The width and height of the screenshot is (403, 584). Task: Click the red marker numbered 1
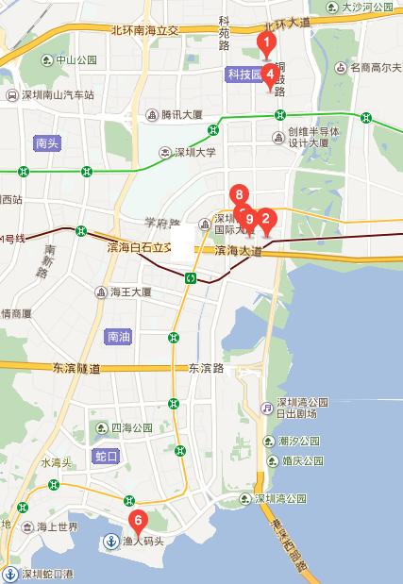pos(267,42)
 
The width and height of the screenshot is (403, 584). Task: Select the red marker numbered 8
pos(241,196)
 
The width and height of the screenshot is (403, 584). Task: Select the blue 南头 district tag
pos(46,143)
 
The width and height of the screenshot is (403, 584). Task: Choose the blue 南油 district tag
pos(120,336)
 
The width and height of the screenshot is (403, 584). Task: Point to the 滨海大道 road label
pos(237,250)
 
